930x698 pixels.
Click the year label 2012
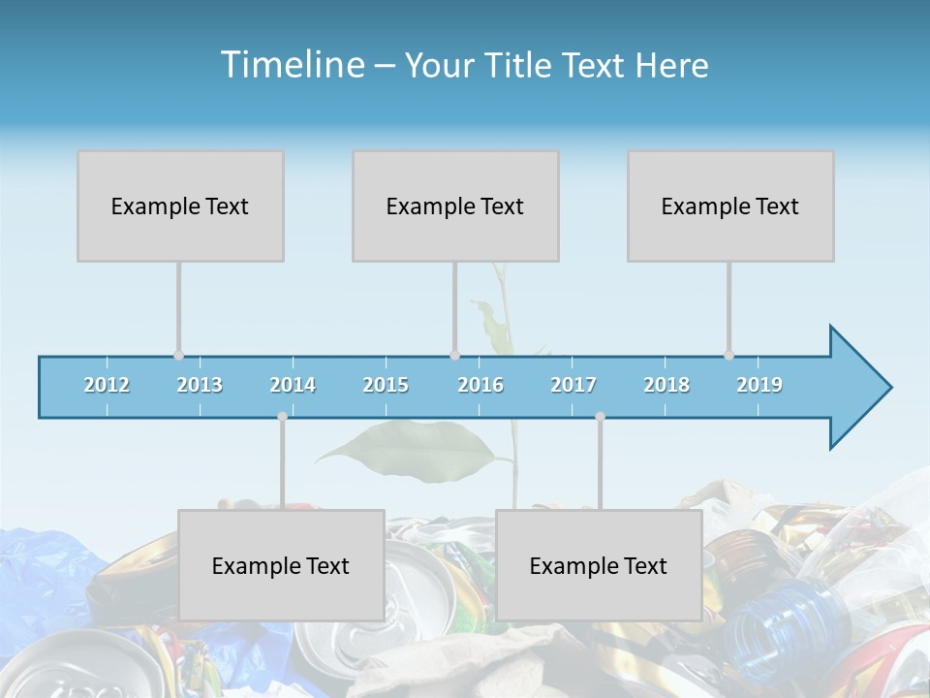point(107,385)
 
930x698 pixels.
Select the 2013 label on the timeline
point(200,385)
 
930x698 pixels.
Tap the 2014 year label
point(293,385)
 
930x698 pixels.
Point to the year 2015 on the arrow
point(386,385)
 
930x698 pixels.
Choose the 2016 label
point(480,385)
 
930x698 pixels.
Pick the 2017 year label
point(573,385)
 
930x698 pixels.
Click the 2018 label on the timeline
point(666,385)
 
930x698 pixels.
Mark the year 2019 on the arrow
point(759,385)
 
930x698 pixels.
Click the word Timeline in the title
point(291,64)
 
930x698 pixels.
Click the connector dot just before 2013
point(178,356)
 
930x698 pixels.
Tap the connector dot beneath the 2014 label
point(282,416)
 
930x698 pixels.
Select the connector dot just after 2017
point(600,416)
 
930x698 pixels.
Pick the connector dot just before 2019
point(728,356)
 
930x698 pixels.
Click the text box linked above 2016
point(455,206)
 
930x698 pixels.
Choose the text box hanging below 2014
point(281,565)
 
